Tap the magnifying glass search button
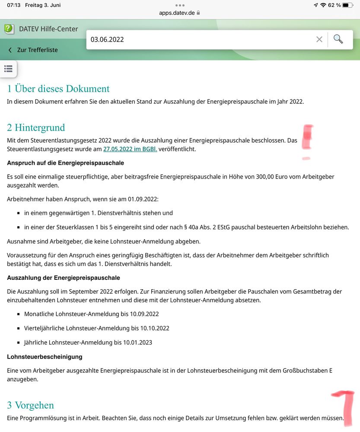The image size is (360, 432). tap(338, 39)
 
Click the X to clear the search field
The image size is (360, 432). tap(319, 39)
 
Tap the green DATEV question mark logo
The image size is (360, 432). tap(9, 29)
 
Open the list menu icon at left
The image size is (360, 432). tap(8, 68)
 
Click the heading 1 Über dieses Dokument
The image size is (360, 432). tap(58, 89)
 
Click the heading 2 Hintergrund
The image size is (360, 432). tap(36, 128)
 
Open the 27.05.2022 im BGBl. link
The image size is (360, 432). tap(130, 149)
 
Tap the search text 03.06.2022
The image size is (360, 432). tap(107, 39)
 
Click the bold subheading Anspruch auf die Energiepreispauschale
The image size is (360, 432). tap(65, 163)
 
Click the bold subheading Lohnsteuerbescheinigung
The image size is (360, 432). tap(45, 357)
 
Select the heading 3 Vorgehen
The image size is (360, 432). tap(30, 405)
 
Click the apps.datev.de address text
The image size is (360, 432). tap(177, 13)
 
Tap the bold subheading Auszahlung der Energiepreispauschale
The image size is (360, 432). tap(64, 278)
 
